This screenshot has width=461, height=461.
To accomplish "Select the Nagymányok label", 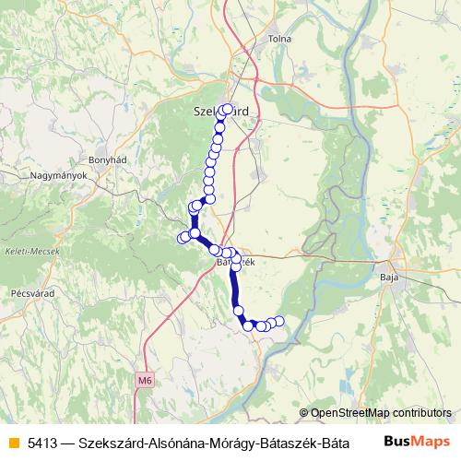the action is [x=58, y=175].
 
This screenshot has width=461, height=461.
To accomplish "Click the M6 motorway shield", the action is [x=144, y=379].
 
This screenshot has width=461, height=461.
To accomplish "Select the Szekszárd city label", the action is [x=221, y=112].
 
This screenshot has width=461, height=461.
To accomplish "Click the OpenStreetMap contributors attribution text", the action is [x=381, y=413].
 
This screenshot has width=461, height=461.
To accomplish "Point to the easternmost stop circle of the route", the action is [x=279, y=321].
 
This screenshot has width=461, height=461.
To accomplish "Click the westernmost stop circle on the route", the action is [x=182, y=239].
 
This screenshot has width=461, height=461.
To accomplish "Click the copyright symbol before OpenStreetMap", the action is [x=304, y=413].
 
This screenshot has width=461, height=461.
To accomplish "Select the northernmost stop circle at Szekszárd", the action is [x=228, y=109].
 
